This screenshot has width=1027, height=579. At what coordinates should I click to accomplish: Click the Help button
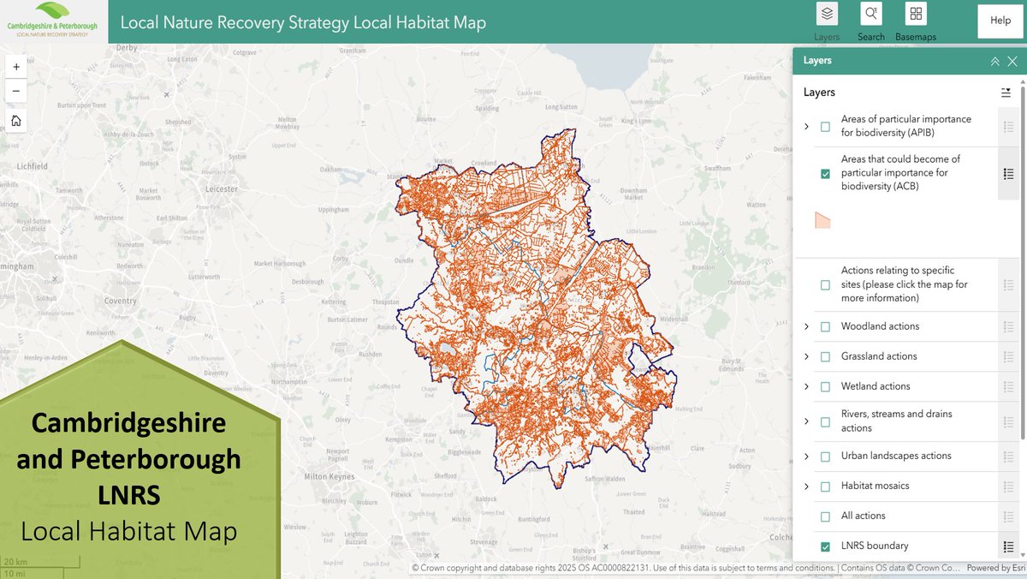[1000, 21]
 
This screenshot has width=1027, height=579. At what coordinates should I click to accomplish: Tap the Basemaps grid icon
[916, 15]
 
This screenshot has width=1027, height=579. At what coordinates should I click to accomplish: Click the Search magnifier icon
[870, 15]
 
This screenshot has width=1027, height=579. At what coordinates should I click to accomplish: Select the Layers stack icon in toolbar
[827, 15]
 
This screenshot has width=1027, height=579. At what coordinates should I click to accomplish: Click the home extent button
[15, 121]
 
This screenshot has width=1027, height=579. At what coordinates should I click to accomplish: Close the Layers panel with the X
[1012, 61]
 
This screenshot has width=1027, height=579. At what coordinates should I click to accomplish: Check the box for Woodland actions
[825, 326]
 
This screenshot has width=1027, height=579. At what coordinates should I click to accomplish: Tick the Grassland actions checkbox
[825, 356]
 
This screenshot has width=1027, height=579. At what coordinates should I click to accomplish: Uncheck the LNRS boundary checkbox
[825, 546]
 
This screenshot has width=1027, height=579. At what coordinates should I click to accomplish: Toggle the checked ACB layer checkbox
[825, 173]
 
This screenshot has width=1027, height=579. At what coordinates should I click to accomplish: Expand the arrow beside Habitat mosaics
[806, 486]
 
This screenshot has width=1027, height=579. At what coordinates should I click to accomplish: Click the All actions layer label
[863, 516]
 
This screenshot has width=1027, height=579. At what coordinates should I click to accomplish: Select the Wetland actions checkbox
[825, 386]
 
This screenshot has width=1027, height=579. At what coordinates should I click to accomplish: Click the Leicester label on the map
[222, 189]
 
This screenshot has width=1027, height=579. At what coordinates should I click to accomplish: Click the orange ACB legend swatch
[822, 220]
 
